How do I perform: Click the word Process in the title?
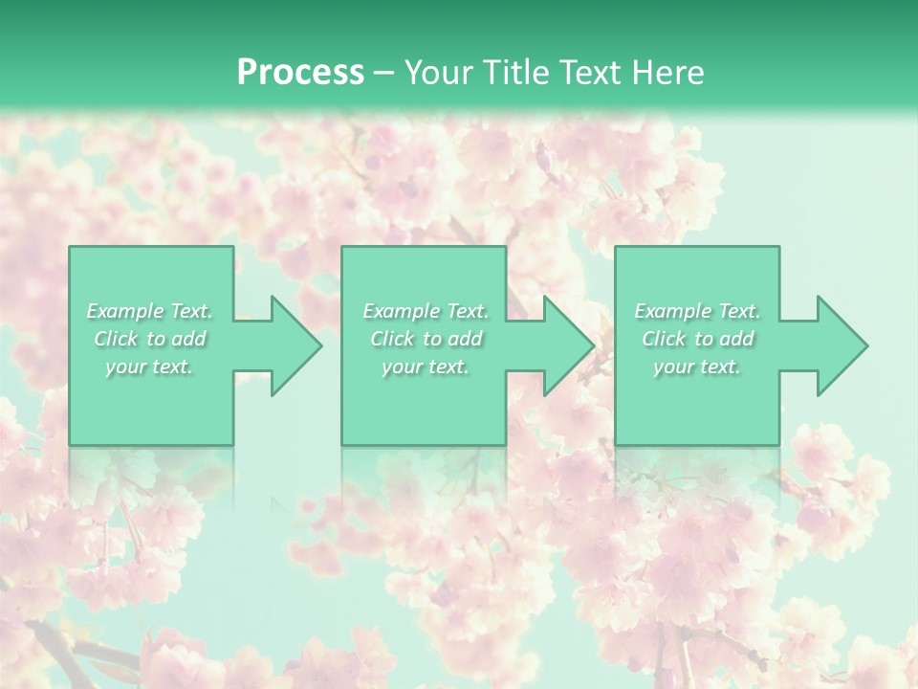(300, 73)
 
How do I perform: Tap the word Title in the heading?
(514, 73)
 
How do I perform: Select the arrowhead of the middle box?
(570, 345)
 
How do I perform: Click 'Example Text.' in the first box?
(149, 311)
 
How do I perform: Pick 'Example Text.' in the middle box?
(425, 311)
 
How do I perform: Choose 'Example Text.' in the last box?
(697, 311)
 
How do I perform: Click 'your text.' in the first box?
(149, 367)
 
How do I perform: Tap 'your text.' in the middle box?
(425, 367)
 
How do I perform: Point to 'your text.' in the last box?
(697, 367)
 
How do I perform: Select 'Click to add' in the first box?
(149, 339)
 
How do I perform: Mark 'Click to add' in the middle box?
(425, 339)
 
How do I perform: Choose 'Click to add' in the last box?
(697, 339)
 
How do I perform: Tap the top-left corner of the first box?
(71, 248)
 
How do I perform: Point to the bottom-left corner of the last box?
(617, 443)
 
